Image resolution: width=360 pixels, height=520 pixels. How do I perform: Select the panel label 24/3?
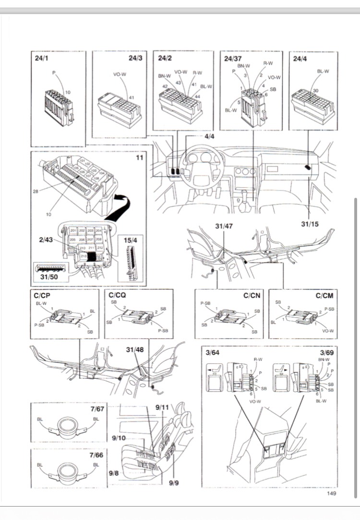(136, 58)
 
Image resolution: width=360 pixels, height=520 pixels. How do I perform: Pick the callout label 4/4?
(209, 137)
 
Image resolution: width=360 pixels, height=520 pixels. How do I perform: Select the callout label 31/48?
(135, 350)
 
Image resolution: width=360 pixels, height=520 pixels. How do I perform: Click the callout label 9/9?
(174, 482)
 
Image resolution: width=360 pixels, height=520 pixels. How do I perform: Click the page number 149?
(331, 493)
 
